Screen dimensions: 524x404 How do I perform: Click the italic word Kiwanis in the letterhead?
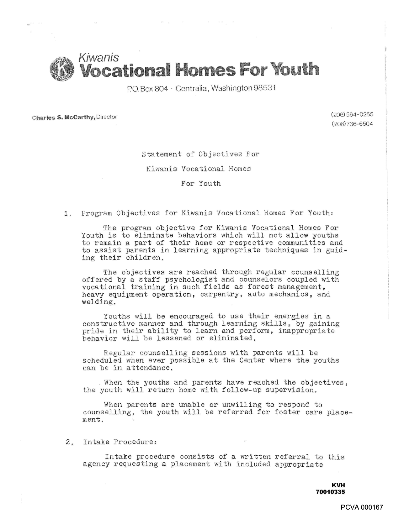[98, 57]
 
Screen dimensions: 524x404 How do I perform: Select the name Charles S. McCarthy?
[64, 118]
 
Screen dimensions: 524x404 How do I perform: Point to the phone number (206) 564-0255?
[352, 114]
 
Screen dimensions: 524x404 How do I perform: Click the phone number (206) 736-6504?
[352, 124]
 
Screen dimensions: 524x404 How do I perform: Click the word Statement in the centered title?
[161, 154]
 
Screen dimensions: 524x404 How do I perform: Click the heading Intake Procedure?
[120, 442]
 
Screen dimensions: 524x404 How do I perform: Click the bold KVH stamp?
[338, 485]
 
